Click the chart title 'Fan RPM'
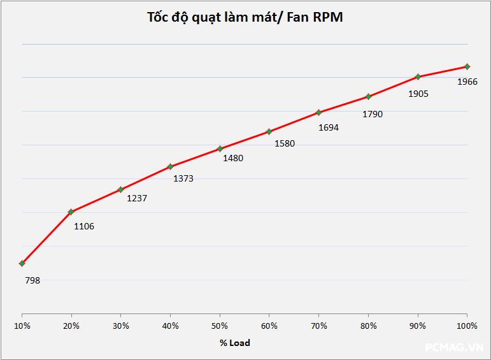(x=245, y=17)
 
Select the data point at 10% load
(x=22, y=263)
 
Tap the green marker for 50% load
(x=220, y=148)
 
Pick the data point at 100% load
(x=467, y=66)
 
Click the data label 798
(x=32, y=280)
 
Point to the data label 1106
(x=84, y=226)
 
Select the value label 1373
(x=183, y=179)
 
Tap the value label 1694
(x=329, y=127)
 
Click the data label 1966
(x=467, y=82)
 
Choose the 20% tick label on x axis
(x=71, y=326)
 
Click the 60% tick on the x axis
(x=269, y=326)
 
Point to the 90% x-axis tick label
(x=418, y=326)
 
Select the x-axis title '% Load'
(x=235, y=343)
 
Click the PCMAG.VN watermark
(x=455, y=347)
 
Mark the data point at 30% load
(x=120, y=189)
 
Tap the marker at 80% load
(x=368, y=96)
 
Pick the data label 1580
(x=285, y=143)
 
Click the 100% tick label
(x=467, y=326)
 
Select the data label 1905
(x=418, y=94)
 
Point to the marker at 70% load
(x=318, y=112)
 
